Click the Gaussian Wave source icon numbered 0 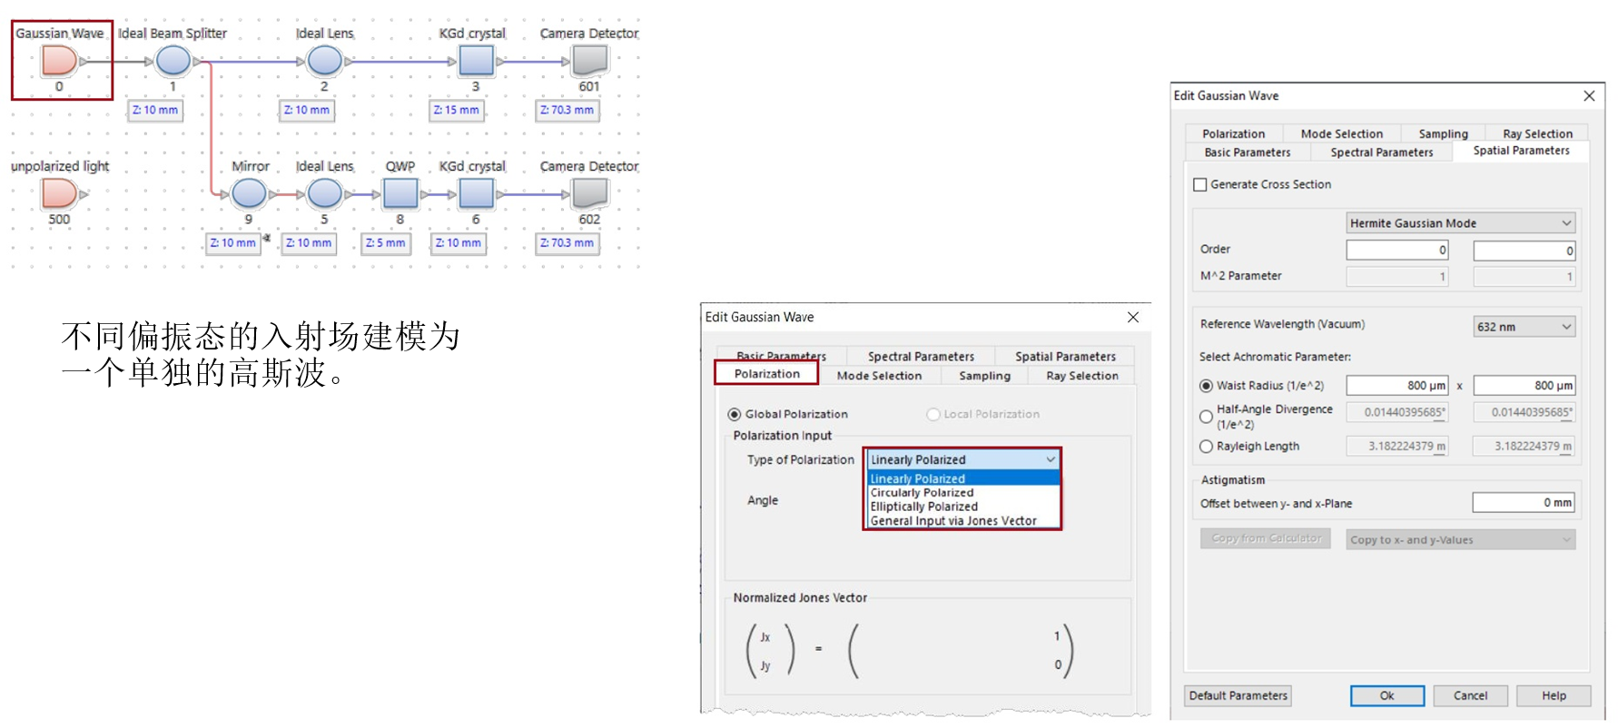click(x=59, y=61)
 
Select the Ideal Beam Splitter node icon click(x=173, y=61)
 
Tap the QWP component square click(x=400, y=193)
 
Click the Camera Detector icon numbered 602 click(x=589, y=193)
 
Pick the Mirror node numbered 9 click(x=249, y=193)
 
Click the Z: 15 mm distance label click(x=457, y=110)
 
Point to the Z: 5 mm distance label click(x=386, y=243)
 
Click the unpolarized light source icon click(x=59, y=193)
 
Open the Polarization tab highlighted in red click(x=767, y=374)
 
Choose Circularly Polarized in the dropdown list click(x=922, y=493)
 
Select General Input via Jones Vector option click(x=953, y=521)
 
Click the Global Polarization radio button click(x=735, y=414)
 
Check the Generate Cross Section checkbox click(x=1200, y=184)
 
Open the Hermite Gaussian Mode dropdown click(x=1460, y=223)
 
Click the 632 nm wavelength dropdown click(x=1524, y=327)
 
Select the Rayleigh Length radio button click(x=1206, y=447)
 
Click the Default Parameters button click(x=1238, y=695)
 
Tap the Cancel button click(x=1471, y=695)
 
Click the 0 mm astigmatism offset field click(x=1524, y=503)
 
